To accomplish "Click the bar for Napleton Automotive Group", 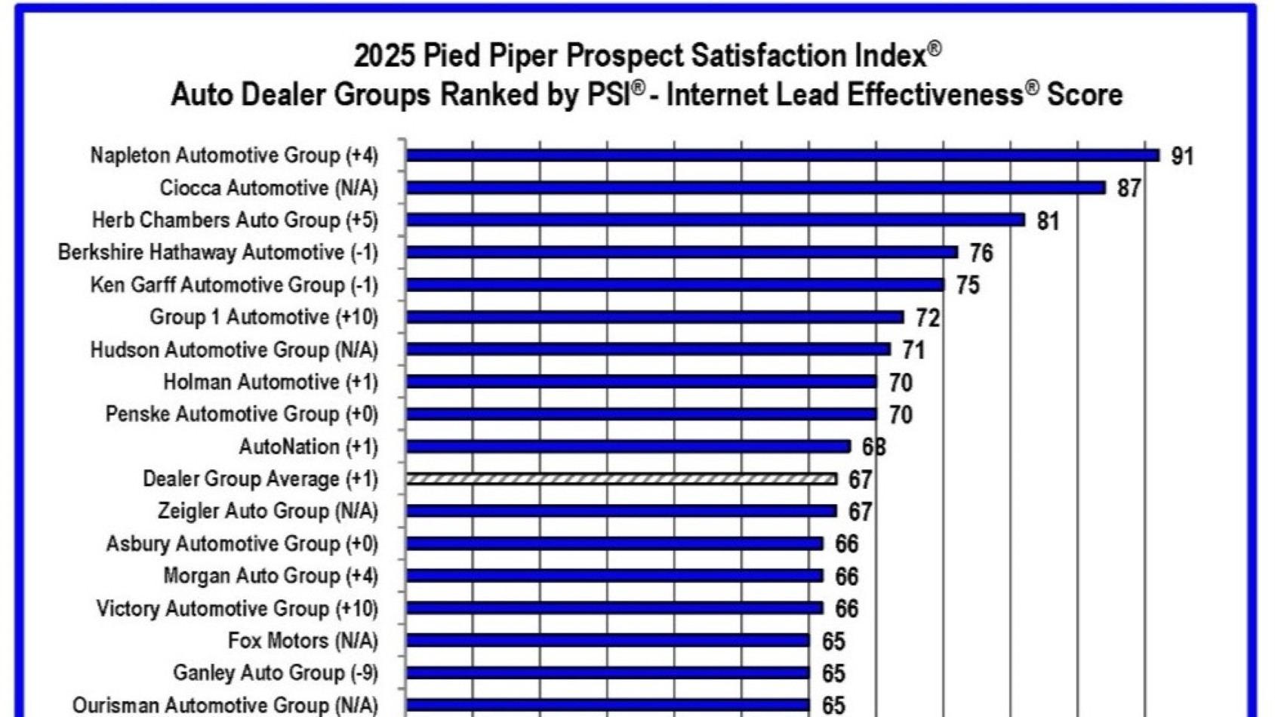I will click(x=782, y=155).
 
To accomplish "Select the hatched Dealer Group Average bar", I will click(x=621, y=479).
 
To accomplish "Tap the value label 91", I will click(x=1182, y=156).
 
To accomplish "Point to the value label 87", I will click(x=1129, y=188).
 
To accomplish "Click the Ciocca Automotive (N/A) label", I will click(x=269, y=187).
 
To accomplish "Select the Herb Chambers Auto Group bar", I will click(x=715, y=220).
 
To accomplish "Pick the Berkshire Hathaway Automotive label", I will click(x=218, y=252).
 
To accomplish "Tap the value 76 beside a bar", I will click(x=981, y=253).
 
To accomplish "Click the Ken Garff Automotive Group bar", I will click(x=675, y=285).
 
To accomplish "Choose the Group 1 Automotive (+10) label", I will click(x=263, y=317).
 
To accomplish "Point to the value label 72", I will click(x=928, y=318).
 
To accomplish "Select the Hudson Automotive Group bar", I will click(x=648, y=349).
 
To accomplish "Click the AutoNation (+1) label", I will click(x=309, y=447).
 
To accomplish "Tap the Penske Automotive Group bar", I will click(x=641, y=414).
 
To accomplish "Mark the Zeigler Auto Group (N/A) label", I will click(x=267, y=511).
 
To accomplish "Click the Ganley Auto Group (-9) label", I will click(x=276, y=672).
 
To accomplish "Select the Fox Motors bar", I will click(x=608, y=641).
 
